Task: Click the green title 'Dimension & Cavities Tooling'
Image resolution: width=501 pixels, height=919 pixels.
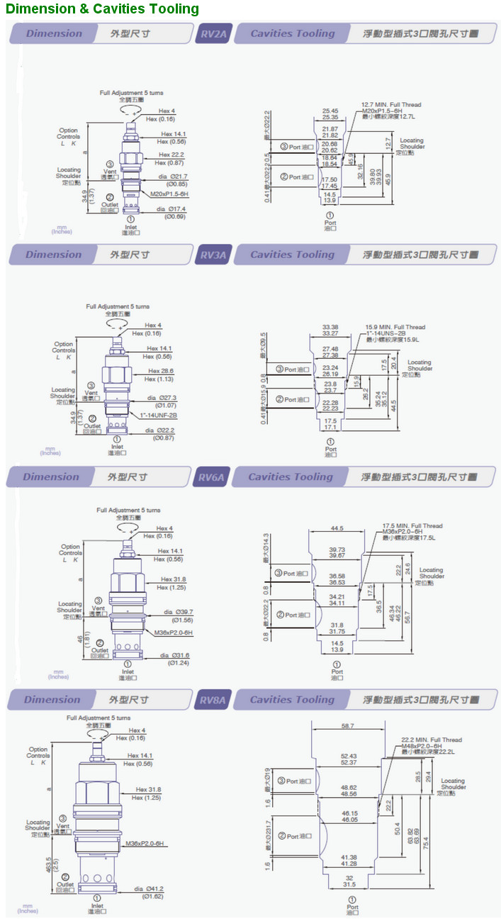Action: (103, 9)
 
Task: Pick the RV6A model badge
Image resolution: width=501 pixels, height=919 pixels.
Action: (210, 477)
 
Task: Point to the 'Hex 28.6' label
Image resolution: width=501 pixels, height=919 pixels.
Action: (161, 371)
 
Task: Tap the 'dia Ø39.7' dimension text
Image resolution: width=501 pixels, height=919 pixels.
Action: (179, 612)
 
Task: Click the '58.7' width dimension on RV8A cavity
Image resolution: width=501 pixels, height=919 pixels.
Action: (347, 727)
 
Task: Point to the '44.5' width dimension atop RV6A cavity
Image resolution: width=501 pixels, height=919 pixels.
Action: (337, 528)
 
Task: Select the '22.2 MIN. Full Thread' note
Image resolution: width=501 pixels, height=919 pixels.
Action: (431, 740)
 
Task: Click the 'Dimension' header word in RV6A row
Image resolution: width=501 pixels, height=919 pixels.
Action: (51, 477)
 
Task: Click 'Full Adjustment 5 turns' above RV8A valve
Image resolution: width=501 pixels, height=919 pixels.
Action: (98, 718)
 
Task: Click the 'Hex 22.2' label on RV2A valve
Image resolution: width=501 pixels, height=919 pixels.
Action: (171, 155)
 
